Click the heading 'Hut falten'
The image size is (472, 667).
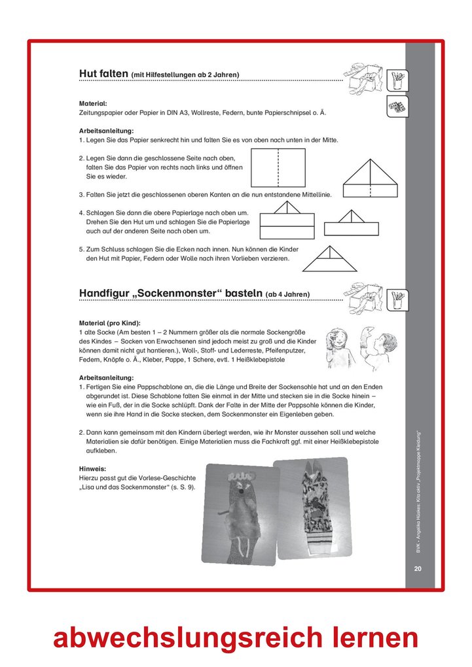(103, 74)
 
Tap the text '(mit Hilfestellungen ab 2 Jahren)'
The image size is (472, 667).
(185, 75)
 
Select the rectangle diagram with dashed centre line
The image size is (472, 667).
(279, 167)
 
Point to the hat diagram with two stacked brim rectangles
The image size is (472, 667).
(287, 221)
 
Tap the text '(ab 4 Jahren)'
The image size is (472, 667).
(288, 294)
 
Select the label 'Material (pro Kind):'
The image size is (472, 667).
(110, 323)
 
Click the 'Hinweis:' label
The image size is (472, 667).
(92, 469)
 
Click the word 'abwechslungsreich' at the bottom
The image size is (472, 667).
(188, 637)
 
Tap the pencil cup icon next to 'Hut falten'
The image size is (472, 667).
(397, 80)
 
